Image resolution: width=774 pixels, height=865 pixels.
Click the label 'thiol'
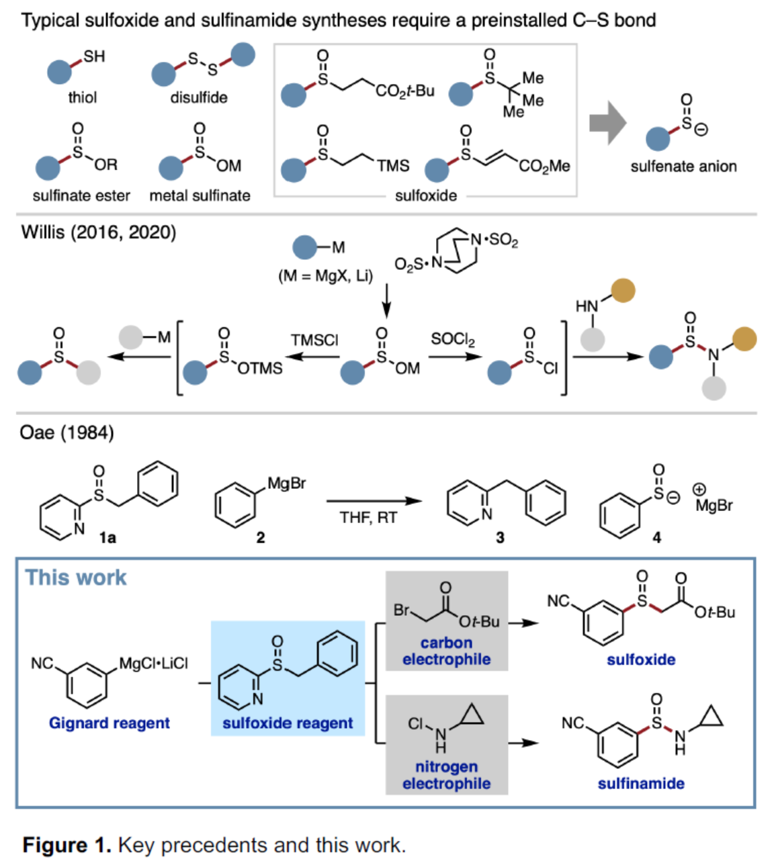(82, 98)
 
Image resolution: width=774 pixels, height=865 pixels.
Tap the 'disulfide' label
(198, 98)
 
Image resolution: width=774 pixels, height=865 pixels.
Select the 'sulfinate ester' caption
(81, 195)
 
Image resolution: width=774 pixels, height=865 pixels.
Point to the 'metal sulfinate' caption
(200, 195)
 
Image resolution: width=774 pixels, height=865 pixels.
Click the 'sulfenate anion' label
(683, 167)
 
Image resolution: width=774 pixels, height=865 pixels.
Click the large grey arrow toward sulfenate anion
(607, 123)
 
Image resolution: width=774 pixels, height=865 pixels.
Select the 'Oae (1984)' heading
(67, 432)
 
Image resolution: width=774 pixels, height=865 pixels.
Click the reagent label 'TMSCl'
(314, 340)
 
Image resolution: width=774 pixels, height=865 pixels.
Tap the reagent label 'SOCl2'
(452, 339)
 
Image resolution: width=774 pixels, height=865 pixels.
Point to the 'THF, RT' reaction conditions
(368, 518)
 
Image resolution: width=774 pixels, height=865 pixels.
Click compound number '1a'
(107, 537)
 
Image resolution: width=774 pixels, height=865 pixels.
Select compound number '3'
(500, 537)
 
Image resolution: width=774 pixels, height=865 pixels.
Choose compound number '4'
(656, 537)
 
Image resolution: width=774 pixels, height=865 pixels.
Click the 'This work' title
(76, 578)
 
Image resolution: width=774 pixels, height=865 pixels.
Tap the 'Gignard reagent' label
(109, 723)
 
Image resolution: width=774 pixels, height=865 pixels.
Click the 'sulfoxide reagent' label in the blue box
(288, 723)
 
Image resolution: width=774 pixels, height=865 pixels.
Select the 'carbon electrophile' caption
(446, 651)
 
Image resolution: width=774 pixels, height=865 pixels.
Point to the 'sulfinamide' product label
(641, 783)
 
